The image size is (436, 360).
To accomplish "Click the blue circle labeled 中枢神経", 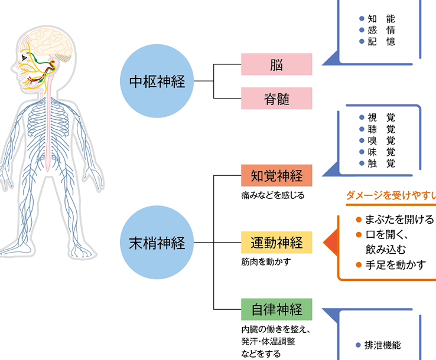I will tap(157, 81).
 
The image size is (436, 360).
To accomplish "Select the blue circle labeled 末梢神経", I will tap(157, 242).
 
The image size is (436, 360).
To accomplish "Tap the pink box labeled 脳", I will tap(276, 64).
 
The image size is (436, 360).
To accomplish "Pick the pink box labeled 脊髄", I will tap(276, 98).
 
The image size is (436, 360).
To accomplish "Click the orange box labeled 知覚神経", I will tap(276, 176).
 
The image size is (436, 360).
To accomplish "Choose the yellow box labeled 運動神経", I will tap(276, 242).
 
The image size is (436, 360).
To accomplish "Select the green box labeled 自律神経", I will tap(276, 309).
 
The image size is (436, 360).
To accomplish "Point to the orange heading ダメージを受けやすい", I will tap(391, 195).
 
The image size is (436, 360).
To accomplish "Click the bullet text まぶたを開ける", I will tap(399, 220).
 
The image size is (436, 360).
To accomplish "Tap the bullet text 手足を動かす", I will tap(395, 264).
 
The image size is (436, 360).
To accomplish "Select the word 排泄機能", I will tap(383, 346).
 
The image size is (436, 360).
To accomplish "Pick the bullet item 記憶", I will tap(381, 41).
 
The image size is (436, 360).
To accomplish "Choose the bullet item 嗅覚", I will tap(381, 140).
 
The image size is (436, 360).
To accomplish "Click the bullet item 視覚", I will tap(381, 117).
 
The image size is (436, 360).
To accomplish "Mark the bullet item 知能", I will tap(381, 18).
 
